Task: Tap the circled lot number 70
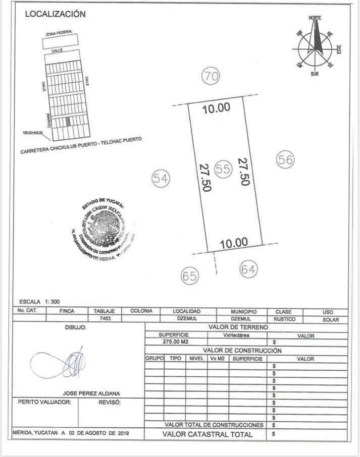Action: point(212,77)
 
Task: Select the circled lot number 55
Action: point(223,169)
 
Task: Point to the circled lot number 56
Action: point(285,159)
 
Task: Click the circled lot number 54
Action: point(161,178)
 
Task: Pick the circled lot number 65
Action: point(190,275)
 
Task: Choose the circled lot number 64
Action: point(248,269)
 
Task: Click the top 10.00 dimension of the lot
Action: point(216,107)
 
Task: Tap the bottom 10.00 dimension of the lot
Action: point(234,243)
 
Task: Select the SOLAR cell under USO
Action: point(327,320)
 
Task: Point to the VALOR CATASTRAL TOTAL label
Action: point(207,434)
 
